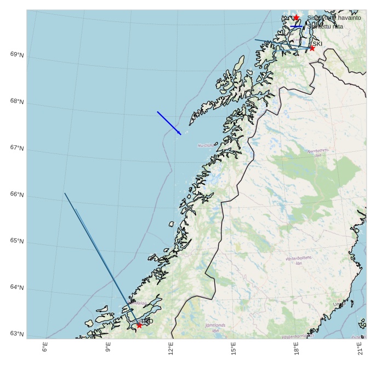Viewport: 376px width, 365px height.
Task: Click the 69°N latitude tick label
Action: pos(16,54)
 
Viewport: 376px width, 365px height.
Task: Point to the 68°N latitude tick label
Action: pos(16,101)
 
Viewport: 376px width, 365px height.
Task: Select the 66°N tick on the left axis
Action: pos(16,195)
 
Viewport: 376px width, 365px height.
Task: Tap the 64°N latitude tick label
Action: pos(16,287)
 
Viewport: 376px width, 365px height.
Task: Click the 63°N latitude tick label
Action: pos(16,334)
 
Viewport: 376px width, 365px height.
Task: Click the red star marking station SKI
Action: pos(312,48)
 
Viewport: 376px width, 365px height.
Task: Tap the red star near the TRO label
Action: pos(139,326)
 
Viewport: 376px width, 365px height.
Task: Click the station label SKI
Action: pos(317,43)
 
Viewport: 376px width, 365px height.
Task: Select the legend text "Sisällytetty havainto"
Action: pos(334,18)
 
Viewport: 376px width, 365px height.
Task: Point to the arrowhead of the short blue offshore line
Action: pos(180,133)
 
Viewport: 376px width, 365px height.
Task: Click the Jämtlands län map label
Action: pos(215,328)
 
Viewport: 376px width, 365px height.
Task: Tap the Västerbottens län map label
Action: pos(299,260)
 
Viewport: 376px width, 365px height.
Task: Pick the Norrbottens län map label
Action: pos(318,152)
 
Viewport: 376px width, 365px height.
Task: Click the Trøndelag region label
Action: pos(138,303)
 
